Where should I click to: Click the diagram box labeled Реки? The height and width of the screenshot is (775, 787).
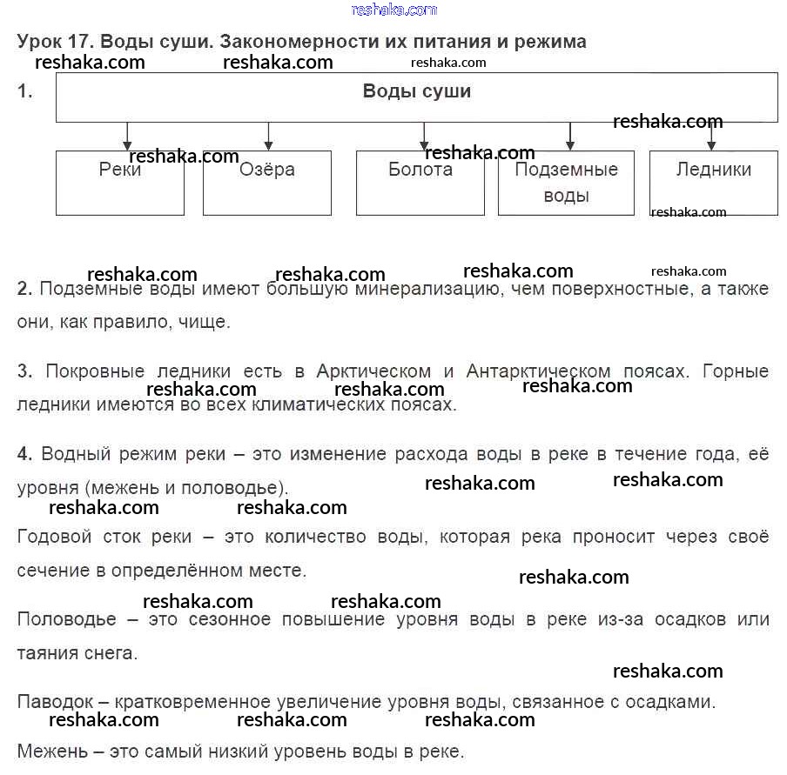[120, 183]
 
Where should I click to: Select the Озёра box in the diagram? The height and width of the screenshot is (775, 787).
[267, 183]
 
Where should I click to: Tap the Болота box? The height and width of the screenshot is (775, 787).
[420, 183]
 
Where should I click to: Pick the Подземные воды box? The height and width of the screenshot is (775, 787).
[566, 183]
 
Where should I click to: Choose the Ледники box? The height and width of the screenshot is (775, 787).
[714, 183]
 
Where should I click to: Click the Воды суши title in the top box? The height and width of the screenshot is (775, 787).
[417, 91]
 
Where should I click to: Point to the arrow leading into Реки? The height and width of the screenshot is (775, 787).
[128, 137]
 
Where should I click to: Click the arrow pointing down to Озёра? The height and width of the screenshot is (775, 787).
[268, 137]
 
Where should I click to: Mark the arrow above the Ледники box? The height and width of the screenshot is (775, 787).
[712, 137]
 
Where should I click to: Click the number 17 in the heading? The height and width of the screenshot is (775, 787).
[83, 41]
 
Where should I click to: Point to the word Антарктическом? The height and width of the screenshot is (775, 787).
[539, 371]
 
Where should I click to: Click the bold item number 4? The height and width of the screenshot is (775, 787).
[24, 453]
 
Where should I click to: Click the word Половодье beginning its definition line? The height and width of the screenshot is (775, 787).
[66, 619]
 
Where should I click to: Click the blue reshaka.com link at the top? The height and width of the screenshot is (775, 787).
[394, 10]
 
